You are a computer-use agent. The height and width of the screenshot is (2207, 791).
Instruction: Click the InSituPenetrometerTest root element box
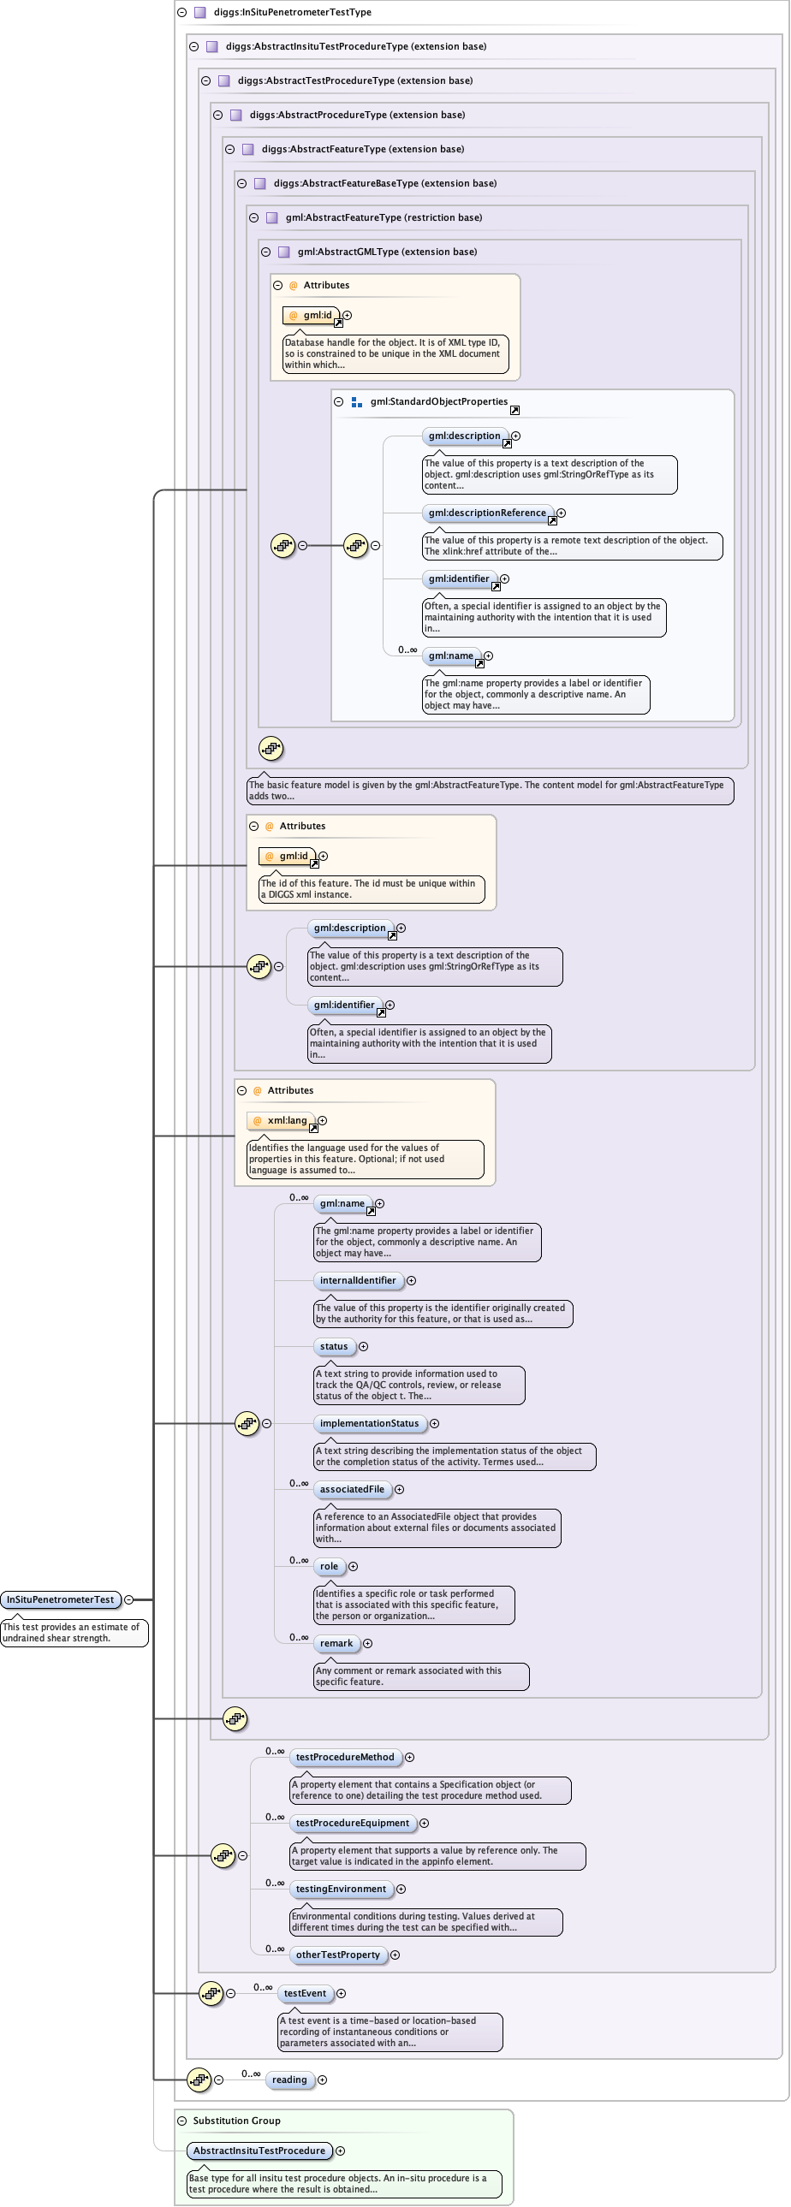tap(60, 1599)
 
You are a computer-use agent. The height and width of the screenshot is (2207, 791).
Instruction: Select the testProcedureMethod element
tap(344, 1756)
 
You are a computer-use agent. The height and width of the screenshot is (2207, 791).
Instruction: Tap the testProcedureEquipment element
tap(352, 1822)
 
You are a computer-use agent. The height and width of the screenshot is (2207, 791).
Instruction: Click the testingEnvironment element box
tap(340, 1889)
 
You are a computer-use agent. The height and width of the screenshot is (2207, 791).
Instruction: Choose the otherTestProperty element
tap(337, 1955)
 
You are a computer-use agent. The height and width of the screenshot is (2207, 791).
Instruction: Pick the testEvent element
tap(305, 1993)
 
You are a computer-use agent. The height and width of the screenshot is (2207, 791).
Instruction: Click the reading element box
tap(289, 2079)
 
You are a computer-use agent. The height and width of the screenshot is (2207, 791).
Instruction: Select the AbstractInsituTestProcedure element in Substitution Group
tap(259, 2151)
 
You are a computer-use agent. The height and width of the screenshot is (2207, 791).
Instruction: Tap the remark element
tap(336, 1643)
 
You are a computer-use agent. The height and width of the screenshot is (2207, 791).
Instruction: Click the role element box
tap(329, 1566)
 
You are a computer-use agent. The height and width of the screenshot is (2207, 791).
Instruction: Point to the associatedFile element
tap(352, 1489)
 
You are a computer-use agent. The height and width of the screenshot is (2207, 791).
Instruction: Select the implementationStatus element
tap(369, 1423)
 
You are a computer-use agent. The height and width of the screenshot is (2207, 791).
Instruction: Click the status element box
tap(334, 1346)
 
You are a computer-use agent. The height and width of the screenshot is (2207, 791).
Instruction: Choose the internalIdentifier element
tap(357, 1280)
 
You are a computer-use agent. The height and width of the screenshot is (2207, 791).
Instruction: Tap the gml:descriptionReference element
tap(487, 513)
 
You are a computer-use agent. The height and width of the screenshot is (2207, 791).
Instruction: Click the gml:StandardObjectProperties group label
tap(439, 401)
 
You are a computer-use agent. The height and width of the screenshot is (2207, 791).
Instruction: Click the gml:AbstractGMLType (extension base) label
tap(386, 251)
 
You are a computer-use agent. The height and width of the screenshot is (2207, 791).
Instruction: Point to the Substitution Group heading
tap(236, 2121)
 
